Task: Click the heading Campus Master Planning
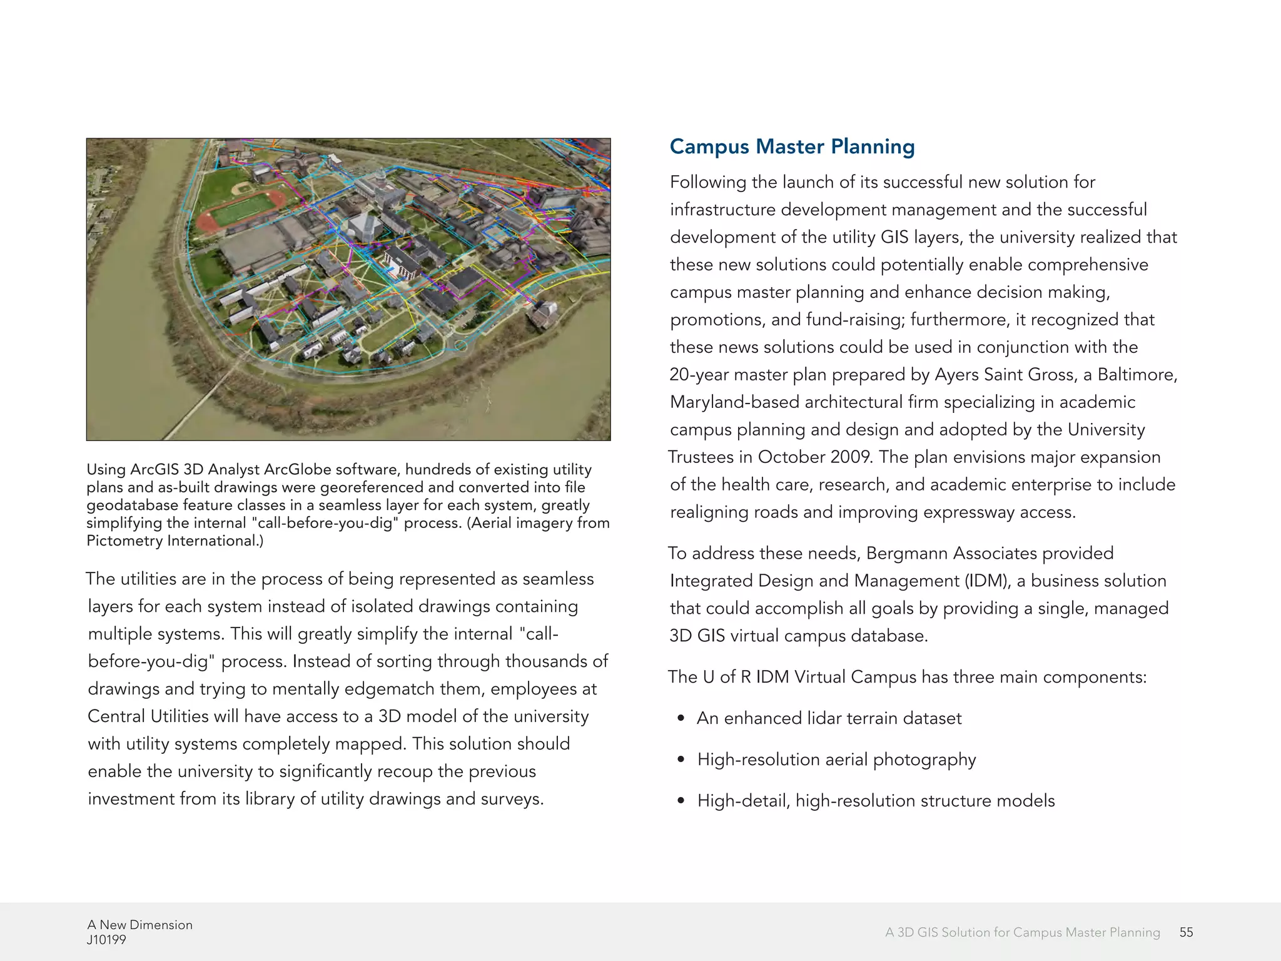(792, 146)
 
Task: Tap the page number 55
(1186, 932)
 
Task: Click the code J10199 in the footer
(106, 940)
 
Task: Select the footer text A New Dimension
(139, 925)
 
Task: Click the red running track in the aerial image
(241, 210)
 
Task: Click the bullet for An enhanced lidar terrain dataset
(829, 718)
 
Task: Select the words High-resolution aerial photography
(836, 760)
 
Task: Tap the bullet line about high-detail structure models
(876, 801)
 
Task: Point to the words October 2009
(814, 457)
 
